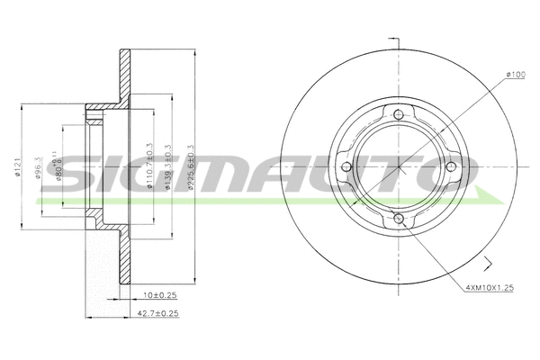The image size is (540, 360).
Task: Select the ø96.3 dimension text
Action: point(39,168)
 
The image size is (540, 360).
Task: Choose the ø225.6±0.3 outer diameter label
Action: point(188,163)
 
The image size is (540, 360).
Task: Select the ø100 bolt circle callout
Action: point(515,75)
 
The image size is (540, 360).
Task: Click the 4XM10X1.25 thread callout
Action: point(490,288)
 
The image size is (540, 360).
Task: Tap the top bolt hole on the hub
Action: point(398,114)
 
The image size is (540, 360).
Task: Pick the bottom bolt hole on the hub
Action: point(398,220)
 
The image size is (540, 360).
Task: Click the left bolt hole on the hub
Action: point(346,167)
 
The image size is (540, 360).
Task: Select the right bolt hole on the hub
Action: point(450,167)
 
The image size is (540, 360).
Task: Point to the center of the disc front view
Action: point(398,167)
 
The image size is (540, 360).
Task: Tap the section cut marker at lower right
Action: point(487,264)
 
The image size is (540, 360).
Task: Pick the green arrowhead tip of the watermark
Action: point(500,196)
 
